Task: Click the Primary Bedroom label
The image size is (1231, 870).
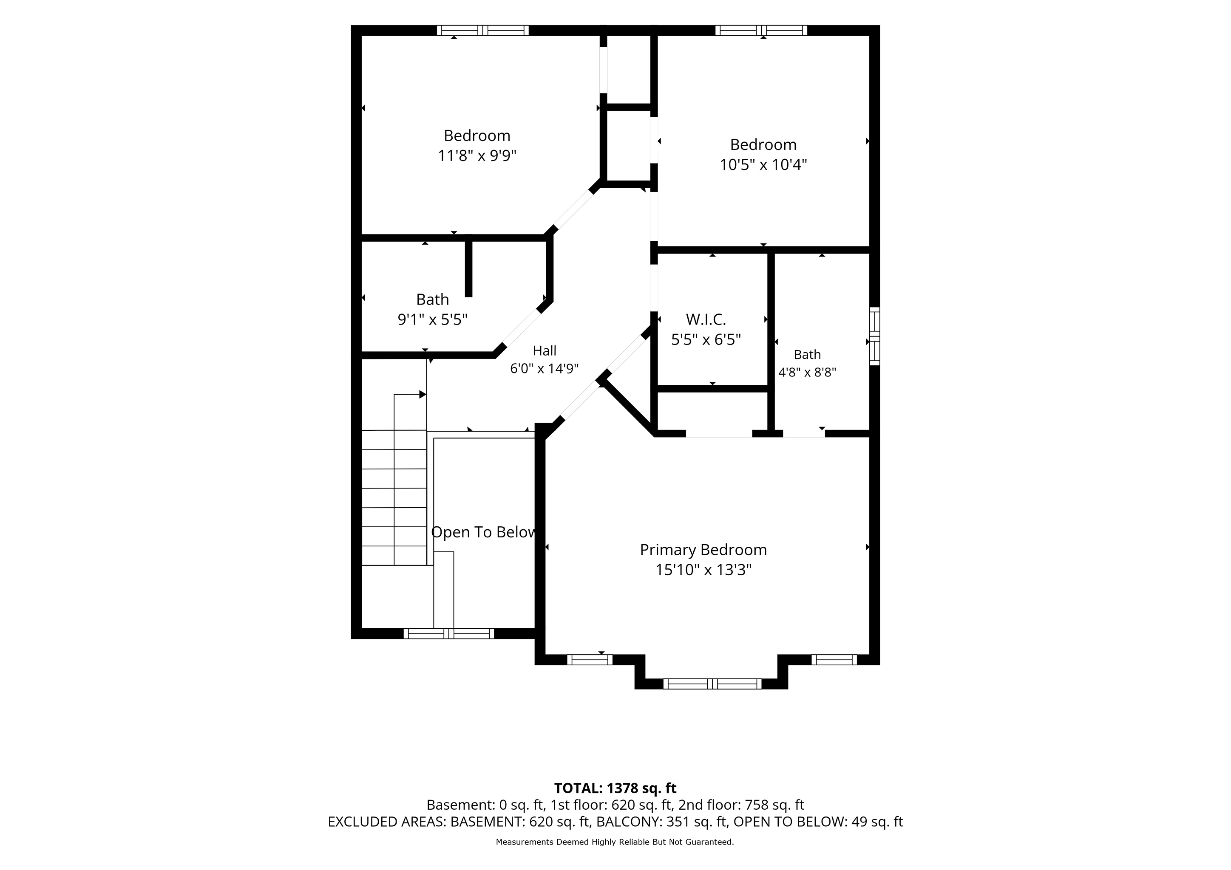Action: tap(703, 550)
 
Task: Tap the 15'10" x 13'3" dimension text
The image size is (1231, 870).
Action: tap(703, 570)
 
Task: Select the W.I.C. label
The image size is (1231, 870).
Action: tap(706, 320)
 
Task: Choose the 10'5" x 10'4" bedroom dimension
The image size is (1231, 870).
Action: tap(763, 164)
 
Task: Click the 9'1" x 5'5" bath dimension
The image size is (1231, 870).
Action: tap(432, 319)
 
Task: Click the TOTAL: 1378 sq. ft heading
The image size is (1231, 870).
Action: tap(615, 788)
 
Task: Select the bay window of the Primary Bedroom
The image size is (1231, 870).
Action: tap(712, 684)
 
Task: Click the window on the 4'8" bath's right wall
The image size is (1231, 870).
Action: tap(874, 336)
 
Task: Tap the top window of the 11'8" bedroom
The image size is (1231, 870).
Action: tap(482, 31)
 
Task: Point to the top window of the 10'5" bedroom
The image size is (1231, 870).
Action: tap(761, 31)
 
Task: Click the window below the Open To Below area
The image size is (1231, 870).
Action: tap(449, 634)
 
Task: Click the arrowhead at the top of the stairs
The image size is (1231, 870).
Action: tap(423, 395)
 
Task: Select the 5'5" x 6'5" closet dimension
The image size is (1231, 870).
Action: tap(706, 340)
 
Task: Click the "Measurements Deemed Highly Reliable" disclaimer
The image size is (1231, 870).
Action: tap(614, 842)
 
